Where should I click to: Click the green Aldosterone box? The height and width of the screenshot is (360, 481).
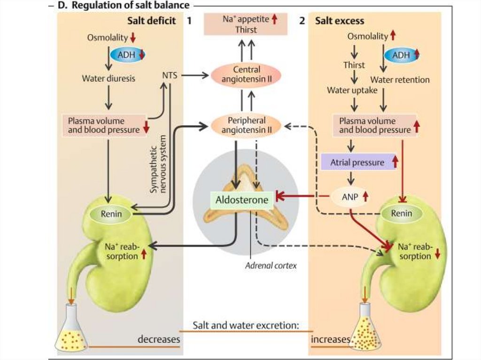coord(242,200)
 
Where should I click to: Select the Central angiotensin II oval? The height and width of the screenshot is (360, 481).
coord(246,75)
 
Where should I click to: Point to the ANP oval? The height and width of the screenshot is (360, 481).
coord(349,197)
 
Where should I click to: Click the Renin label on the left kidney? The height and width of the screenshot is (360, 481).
coord(111,214)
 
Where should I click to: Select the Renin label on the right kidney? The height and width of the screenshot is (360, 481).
coord(402,213)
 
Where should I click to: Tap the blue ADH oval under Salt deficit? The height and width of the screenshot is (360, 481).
coord(127,55)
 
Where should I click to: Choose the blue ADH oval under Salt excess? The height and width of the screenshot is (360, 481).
coord(401,55)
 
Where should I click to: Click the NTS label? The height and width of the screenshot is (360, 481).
coord(169,75)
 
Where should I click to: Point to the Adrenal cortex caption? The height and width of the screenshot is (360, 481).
coord(271,265)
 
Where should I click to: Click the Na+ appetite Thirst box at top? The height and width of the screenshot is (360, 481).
coord(246,24)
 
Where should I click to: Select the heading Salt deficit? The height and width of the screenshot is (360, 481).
coord(151,21)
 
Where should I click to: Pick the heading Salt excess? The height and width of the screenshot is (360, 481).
coord(339,21)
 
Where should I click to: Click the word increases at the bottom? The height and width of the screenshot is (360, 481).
coord(331,339)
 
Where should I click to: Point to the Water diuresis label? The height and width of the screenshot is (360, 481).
coord(109,78)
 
